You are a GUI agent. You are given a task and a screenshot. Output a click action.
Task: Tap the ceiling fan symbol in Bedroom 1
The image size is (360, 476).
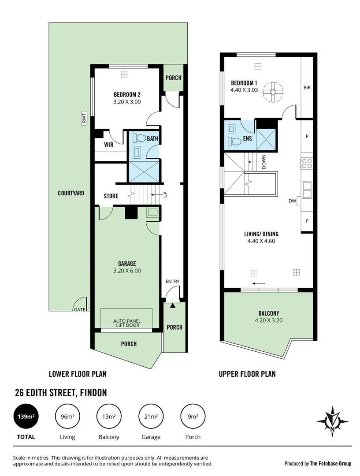[273, 92]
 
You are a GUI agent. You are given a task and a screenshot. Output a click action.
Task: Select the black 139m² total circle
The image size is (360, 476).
[25, 416]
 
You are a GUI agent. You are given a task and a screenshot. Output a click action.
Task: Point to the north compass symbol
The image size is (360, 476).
[332, 421]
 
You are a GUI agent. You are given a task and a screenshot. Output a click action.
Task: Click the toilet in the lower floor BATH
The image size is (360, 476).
[141, 138]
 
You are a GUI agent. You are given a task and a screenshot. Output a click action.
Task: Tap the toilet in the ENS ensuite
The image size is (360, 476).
[237, 141]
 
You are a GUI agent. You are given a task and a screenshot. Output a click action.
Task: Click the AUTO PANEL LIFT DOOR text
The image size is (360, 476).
[126, 323]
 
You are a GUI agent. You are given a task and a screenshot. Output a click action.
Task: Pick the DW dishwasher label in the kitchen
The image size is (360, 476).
[292, 201]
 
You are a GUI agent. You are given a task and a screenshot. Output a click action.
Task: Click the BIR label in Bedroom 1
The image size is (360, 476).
[307, 88]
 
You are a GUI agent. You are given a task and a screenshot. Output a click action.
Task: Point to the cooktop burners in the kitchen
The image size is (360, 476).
[307, 163]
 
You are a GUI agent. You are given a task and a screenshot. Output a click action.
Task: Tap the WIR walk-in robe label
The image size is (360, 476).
[109, 144]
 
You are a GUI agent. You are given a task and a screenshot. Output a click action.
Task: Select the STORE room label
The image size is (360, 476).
[111, 196]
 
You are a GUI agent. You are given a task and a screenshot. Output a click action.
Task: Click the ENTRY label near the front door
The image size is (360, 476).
[173, 282]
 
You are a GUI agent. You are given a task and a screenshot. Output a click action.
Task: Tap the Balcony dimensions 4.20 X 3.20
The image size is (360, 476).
[268, 321]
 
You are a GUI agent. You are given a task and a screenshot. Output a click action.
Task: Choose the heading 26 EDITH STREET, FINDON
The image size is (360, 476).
[61, 392]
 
